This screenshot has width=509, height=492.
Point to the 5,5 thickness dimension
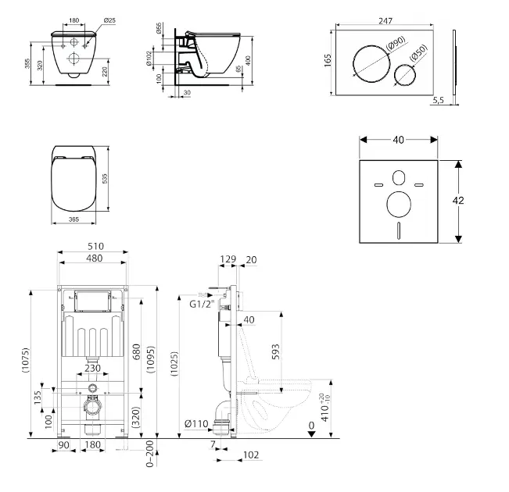point(437,100)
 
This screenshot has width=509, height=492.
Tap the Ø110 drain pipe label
point(196,424)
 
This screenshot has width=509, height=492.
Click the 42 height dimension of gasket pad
point(459,201)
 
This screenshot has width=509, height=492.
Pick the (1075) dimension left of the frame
point(27,360)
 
